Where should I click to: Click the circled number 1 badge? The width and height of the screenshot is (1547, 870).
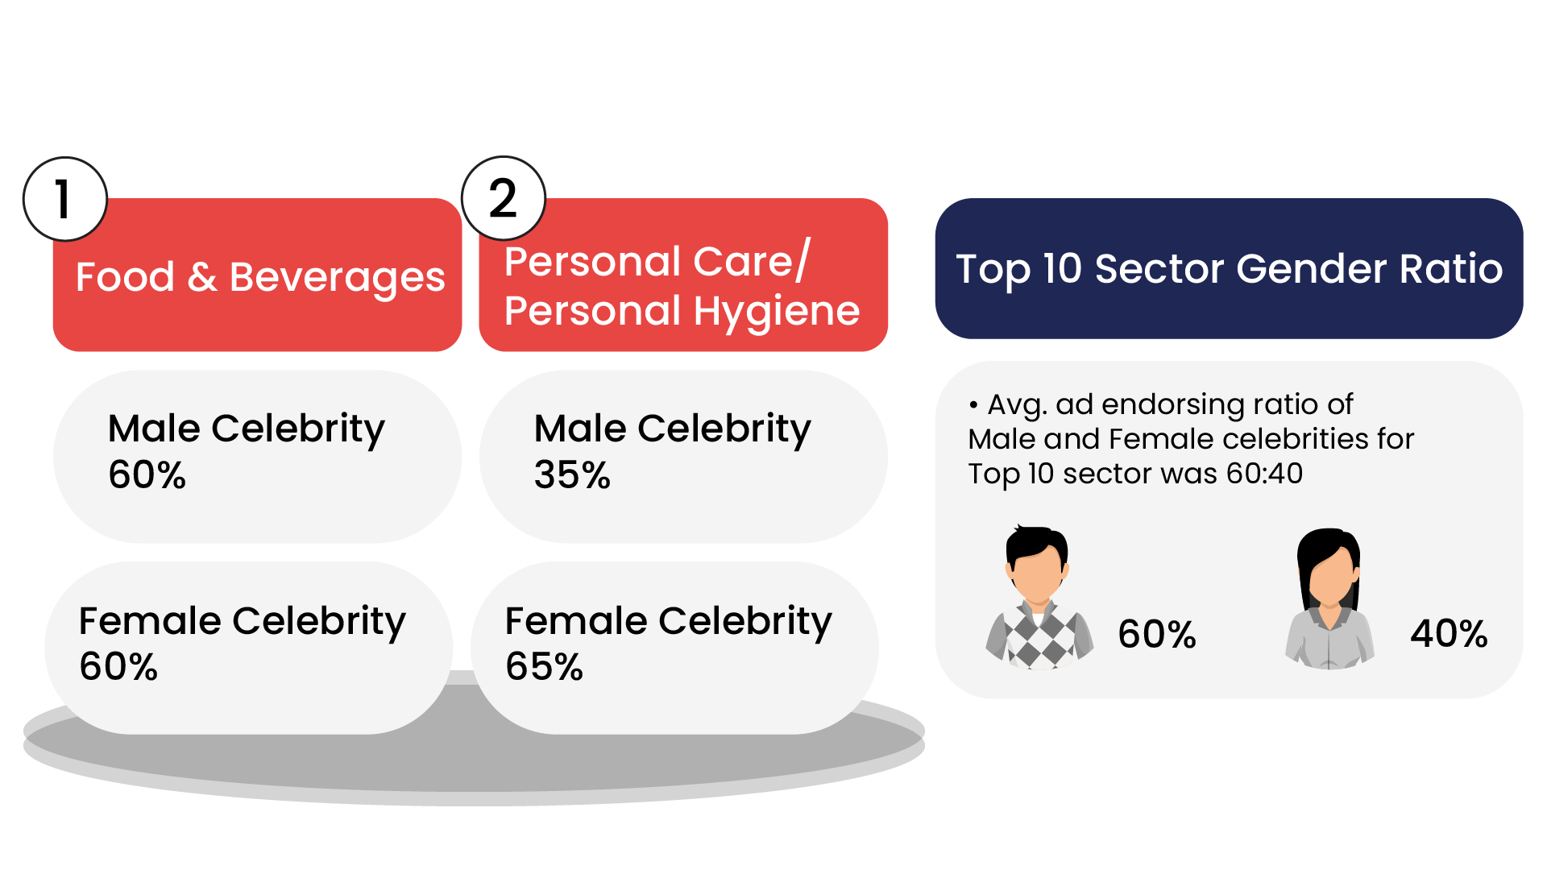(64, 199)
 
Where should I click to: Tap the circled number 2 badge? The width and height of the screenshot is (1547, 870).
(504, 198)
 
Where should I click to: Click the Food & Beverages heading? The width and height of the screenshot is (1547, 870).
(259, 277)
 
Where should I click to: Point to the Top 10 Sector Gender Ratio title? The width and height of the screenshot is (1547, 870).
(1229, 268)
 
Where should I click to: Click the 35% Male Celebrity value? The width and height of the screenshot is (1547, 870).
(572, 474)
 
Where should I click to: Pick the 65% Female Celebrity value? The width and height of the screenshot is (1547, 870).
(544, 666)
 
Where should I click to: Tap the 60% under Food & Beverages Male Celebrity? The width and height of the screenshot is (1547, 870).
(147, 474)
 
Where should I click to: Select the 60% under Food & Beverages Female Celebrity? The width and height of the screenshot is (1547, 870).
(118, 666)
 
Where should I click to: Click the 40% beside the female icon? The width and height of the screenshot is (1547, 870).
(1449, 633)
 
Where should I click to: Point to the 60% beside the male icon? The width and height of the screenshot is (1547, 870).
(1157, 634)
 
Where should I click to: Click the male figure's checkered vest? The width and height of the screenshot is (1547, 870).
(1039, 640)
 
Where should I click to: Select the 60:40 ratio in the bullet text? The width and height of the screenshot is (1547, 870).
(1264, 474)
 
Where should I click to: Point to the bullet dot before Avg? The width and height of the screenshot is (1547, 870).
(974, 404)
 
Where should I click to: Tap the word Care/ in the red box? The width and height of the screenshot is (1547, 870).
(751, 262)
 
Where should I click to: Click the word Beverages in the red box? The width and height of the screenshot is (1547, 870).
(337, 278)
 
